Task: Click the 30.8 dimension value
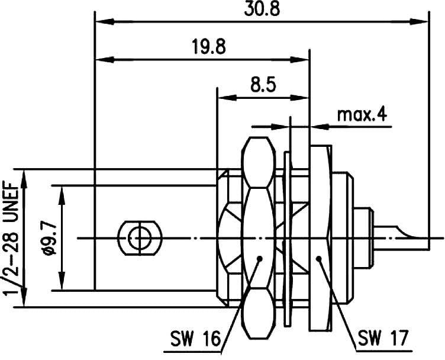click(x=262, y=9)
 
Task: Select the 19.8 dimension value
click(x=209, y=47)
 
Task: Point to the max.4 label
click(x=362, y=115)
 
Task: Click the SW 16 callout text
click(x=195, y=339)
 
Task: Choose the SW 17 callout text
click(x=383, y=337)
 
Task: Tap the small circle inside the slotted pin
click(x=140, y=238)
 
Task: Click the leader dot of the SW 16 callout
click(x=259, y=258)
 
